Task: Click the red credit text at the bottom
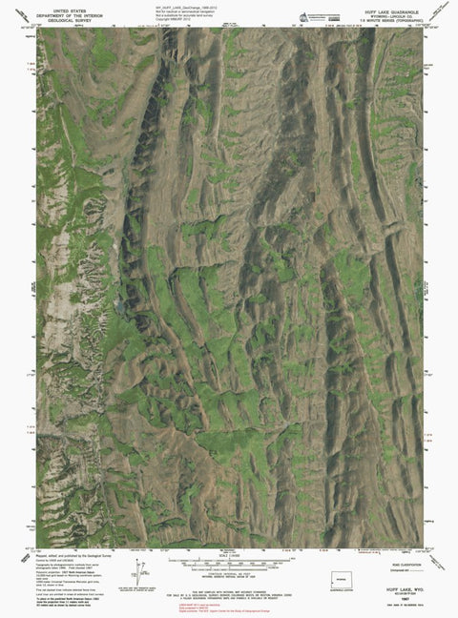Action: (226, 608)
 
